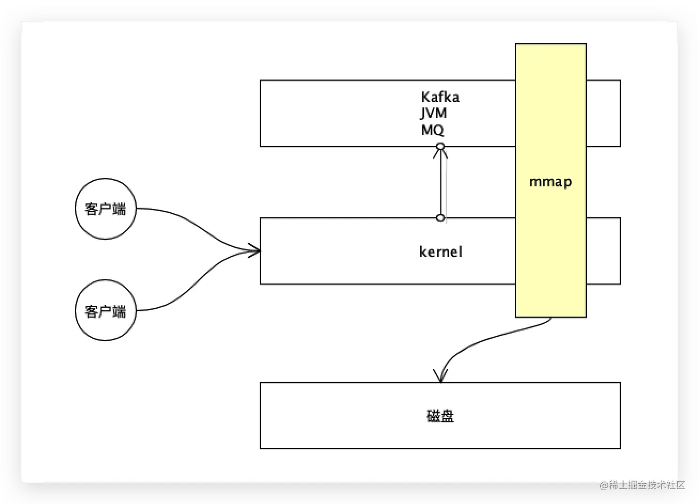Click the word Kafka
point(440,97)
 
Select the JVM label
point(433,113)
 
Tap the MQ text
point(432,130)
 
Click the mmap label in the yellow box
point(550,182)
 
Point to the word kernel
point(440,251)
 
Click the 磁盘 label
point(440,416)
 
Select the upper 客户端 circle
point(105,209)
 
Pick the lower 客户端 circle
point(105,311)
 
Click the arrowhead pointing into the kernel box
point(255,250)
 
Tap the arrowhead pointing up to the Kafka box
point(440,154)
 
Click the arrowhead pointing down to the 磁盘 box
point(440,375)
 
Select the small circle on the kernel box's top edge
point(440,218)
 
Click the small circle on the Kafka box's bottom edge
point(440,146)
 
